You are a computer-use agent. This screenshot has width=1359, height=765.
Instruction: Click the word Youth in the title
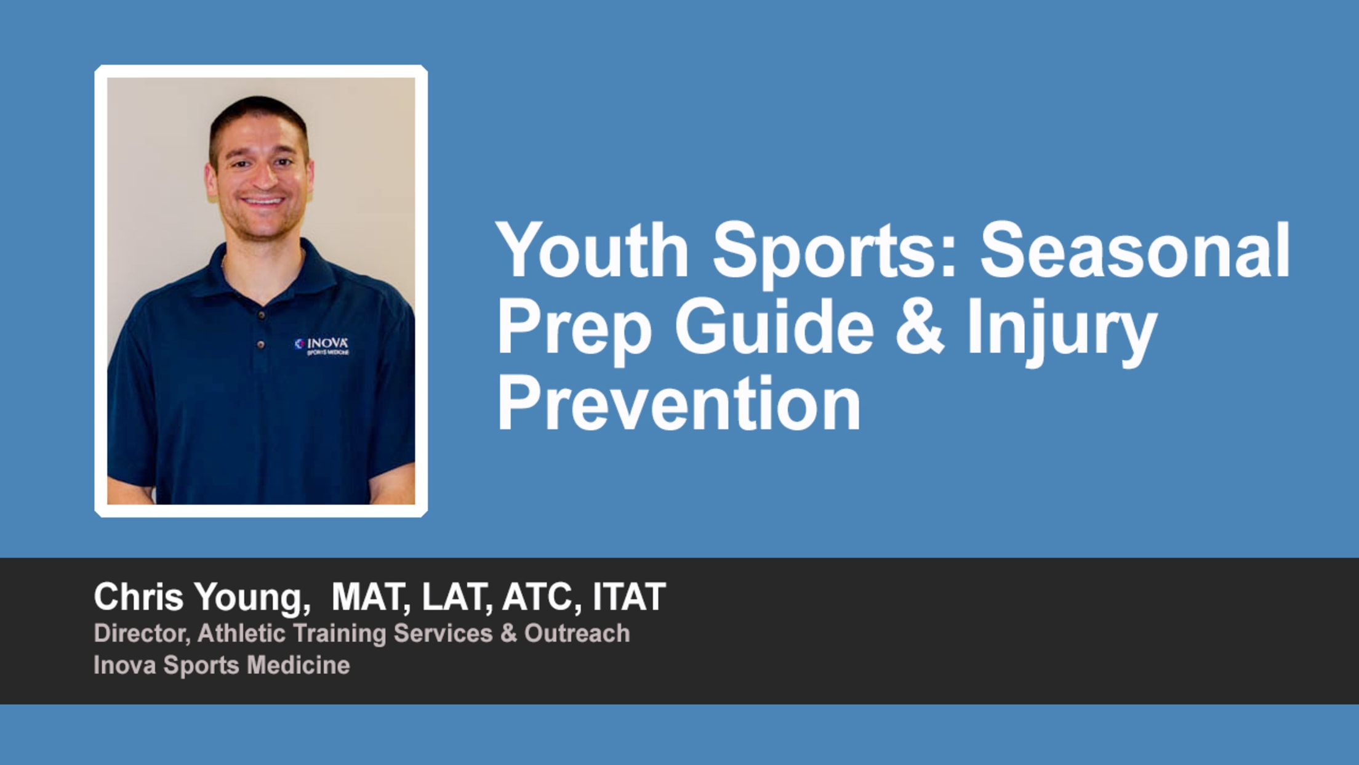click(x=592, y=251)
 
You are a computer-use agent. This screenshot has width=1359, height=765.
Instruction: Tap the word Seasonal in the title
click(x=1135, y=251)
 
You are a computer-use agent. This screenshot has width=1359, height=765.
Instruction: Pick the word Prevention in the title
click(x=678, y=403)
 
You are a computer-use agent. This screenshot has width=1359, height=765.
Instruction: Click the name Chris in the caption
click(x=138, y=596)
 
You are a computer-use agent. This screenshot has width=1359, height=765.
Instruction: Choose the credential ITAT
click(x=628, y=596)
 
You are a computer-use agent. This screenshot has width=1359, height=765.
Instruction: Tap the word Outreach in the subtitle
click(x=577, y=633)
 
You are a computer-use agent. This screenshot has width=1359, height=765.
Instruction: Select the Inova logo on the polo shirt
click(x=322, y=346)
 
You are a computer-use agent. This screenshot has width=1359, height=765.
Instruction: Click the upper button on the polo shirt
click(x=262, y=315)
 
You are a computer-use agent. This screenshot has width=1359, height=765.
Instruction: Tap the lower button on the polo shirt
click(x=261, y=344)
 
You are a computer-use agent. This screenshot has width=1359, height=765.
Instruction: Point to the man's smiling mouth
click(x=262, y=201)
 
